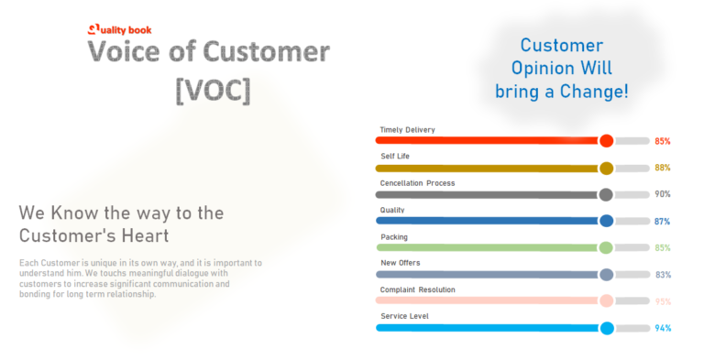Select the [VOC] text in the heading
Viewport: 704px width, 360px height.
coord(212,90)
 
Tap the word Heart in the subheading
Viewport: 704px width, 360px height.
coord(139,235)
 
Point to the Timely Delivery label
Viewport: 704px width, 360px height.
coord(407,130)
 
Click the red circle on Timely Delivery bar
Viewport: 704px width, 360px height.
coord(606,141)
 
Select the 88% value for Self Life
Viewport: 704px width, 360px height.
coord(662,169)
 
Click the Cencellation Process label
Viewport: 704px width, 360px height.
coord(417,183)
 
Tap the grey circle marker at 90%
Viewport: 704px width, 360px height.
coord(606,194)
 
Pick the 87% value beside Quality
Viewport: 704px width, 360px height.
coord(662,222)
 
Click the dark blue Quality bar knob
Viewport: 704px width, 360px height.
coord(606,221)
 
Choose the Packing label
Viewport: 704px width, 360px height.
coord(395,237)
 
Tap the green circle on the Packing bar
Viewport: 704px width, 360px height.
coord(606,247)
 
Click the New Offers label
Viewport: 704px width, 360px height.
coord(401,264)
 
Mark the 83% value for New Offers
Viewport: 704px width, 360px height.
coord(662,275)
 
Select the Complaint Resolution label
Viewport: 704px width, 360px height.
coord(417,289)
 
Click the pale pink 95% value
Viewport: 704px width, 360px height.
coord(662,301)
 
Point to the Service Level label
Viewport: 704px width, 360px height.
coord(404,316)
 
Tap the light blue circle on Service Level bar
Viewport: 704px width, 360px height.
coord(606,328)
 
